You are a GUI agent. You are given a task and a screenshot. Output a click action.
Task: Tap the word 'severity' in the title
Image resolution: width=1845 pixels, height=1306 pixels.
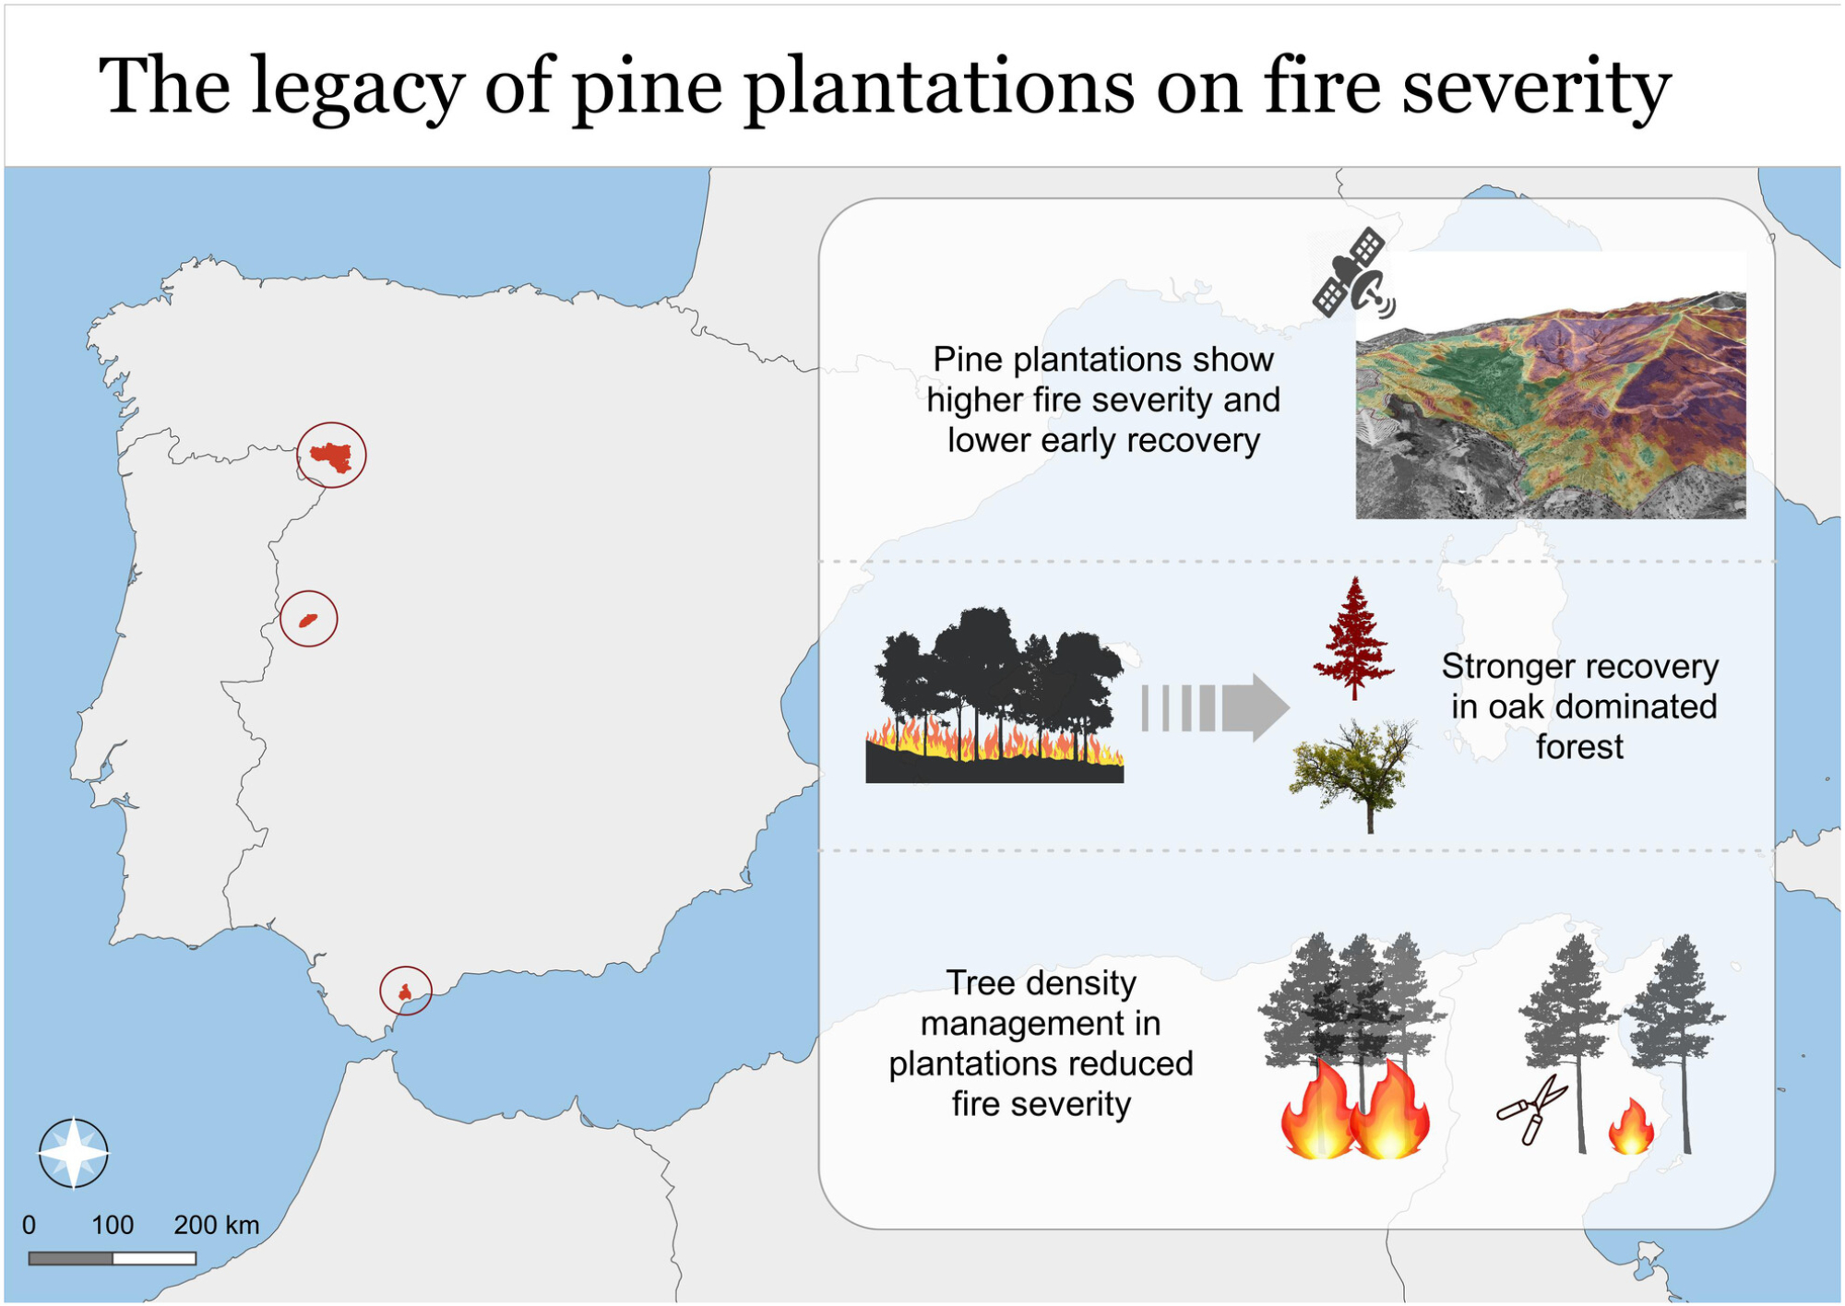click(1536, 89)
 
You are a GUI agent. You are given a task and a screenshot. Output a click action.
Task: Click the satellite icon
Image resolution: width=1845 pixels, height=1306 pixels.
click(1352, 273)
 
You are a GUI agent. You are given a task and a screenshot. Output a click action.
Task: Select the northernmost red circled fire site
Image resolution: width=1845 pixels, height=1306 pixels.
click(331, 455)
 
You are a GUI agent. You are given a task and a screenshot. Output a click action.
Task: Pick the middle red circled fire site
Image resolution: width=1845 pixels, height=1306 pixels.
click(308, 619)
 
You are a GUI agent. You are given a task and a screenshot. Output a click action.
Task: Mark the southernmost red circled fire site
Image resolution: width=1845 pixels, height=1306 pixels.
click(406, 991)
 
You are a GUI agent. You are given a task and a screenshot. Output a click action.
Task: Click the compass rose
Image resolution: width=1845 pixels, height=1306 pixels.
click(73, 1153)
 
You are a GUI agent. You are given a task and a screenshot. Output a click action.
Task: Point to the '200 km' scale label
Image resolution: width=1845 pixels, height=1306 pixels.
click(217, 1225)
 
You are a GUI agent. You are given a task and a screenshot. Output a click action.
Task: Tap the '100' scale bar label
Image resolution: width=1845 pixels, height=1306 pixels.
click(113, 1225)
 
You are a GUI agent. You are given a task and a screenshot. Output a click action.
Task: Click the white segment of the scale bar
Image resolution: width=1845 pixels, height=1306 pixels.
click(154, 1258)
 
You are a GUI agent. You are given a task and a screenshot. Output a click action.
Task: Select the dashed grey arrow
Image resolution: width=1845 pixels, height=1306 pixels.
click(1215, 707)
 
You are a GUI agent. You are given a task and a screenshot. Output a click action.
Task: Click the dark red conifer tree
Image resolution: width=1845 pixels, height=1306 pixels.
click(1353, 638)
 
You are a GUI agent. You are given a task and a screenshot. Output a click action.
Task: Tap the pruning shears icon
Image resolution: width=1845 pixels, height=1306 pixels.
click(1532, 1110)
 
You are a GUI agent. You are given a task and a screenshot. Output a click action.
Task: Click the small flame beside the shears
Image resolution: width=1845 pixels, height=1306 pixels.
click(1631, 1126)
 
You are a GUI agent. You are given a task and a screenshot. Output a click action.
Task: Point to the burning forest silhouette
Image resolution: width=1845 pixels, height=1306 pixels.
click(994, 695)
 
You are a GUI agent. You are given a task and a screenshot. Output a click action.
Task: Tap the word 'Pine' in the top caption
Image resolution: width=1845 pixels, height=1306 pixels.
click(968, 359)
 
